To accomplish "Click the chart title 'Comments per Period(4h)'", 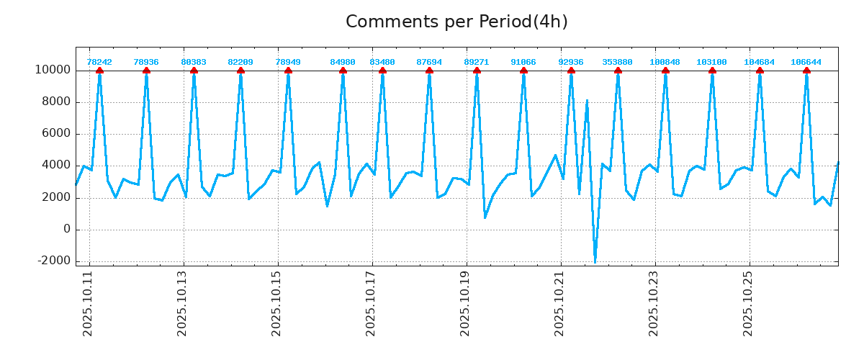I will tap(456, 22).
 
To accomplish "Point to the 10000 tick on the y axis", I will tap(52, 71).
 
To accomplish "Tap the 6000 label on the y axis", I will tap(55, 134).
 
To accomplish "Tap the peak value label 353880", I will tap(618, 62).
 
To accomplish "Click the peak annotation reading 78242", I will tap(99, 62).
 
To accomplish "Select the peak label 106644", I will tap(806, 62).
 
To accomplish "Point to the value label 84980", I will tap(343, 62).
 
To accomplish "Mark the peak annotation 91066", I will tap(523, 62).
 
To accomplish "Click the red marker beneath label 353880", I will tap(618, 71).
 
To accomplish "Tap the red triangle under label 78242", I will tap(99, 71).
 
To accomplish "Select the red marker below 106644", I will tap(806, 71).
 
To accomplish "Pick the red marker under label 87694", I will tap(429, 71).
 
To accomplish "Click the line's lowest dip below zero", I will tap(595, 261).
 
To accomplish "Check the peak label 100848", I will tap(665, 62).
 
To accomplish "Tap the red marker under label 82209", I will tap(240, 71).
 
